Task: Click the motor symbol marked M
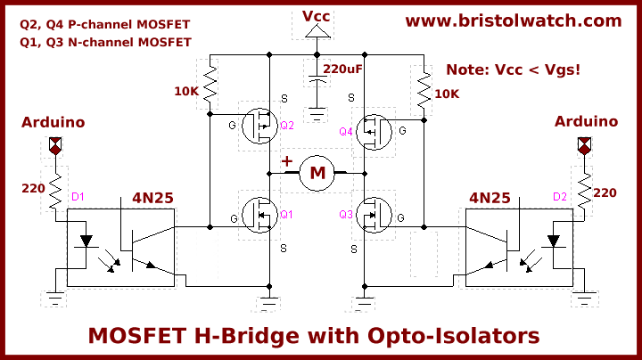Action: (317, 173)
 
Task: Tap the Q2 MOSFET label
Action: (286, 126)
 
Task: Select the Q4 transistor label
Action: (346, 132)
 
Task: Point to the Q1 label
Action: (286, 214)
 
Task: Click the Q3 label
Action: (346, 215)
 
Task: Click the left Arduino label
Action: (53, 122)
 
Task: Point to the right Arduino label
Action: (586, 121)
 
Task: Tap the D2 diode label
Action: (560, 196)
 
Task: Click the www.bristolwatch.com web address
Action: (514, 20)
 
